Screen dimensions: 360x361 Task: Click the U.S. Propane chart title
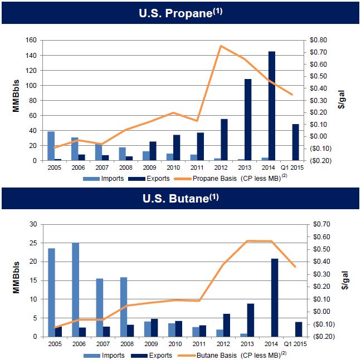click(180, 12)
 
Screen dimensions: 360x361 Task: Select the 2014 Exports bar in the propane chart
click(271, 106)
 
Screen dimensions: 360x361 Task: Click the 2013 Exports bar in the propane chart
click(247, 120)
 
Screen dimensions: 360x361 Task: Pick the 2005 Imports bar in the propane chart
click(51, 146)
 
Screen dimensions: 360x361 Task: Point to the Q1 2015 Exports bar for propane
click(295, 142)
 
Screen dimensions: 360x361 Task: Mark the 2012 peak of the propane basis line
click(221, 46)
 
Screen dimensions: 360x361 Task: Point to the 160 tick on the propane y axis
click(31, 40)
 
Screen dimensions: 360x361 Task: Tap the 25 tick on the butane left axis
click(33, 243)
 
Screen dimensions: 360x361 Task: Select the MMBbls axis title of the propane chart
click(16, 100)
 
